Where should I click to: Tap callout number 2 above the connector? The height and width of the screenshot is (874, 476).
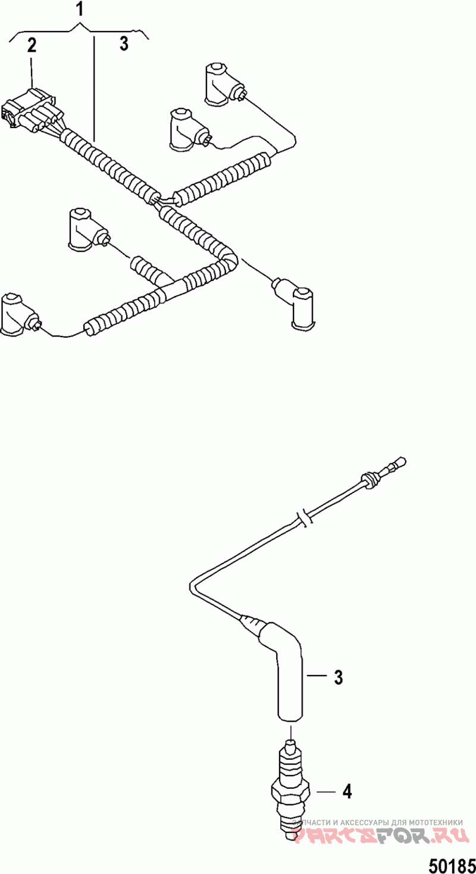[x=32, y=46]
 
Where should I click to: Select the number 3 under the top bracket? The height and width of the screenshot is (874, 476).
[x=124, y=44]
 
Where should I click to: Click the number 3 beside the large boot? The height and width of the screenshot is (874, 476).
[x=338, y=677]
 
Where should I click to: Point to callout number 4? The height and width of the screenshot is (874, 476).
[x=346, y=791]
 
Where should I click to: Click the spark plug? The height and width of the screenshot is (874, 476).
[x=290, y=786]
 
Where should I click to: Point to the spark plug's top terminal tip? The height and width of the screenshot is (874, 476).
[x=290, y=744]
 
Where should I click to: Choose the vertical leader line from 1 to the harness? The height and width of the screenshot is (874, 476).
[x=93, y=83]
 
